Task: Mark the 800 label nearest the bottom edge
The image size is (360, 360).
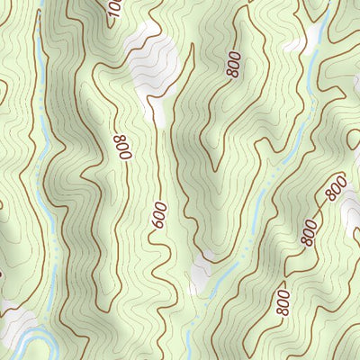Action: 283,301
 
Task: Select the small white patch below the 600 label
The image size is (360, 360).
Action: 199,269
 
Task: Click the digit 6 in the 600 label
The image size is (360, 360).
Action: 159,228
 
